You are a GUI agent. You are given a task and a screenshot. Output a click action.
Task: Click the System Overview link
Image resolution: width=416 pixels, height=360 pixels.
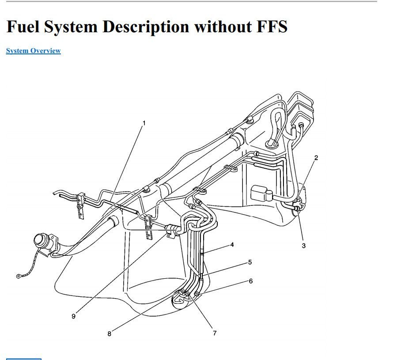[x=34, y=51]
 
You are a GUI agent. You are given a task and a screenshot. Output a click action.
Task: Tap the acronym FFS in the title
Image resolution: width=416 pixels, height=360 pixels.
[x=272, y=27]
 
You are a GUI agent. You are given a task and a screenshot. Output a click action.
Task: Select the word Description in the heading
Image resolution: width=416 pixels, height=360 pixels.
[x=146, y=27]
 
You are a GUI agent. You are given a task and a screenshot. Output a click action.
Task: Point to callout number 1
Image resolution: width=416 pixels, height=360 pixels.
[x=144, y=123]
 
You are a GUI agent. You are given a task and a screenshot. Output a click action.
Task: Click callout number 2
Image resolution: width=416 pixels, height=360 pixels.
[x=316, y=158]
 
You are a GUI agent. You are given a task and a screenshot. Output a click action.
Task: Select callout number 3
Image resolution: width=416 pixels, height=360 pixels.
[x=304, y=246]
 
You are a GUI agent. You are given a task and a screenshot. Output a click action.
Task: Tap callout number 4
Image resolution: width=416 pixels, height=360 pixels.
[x=232, y=245]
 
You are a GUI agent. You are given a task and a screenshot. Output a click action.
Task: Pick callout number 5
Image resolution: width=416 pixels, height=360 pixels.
[x=250, y=262]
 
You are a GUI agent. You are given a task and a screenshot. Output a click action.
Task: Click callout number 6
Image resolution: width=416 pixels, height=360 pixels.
[x=251, y=281]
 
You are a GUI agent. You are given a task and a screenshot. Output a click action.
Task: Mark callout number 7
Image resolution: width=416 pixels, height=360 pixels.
[x=215, y=333]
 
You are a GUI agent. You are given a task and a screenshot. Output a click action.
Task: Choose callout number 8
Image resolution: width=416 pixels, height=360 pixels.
[x=110, y=334]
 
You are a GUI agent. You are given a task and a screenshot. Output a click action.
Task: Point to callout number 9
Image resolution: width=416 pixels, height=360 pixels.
[x=73, y=316]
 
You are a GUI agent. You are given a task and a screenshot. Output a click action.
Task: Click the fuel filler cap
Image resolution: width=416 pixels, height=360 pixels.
[x=41, y=241]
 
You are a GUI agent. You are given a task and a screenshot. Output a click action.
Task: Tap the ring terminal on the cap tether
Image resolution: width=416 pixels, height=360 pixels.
[x=19, y=276]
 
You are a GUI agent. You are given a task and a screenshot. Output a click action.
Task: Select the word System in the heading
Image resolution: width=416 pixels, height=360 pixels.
[x=71, y=27]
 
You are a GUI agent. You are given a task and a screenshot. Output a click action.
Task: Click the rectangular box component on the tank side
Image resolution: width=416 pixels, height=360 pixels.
[x=259, y=193]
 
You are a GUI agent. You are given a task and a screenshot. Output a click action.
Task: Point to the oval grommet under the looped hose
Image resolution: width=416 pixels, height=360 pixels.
[x=272, y=144]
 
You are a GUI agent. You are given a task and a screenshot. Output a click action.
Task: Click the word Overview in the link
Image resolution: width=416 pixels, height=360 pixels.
[x=45, y=51]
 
